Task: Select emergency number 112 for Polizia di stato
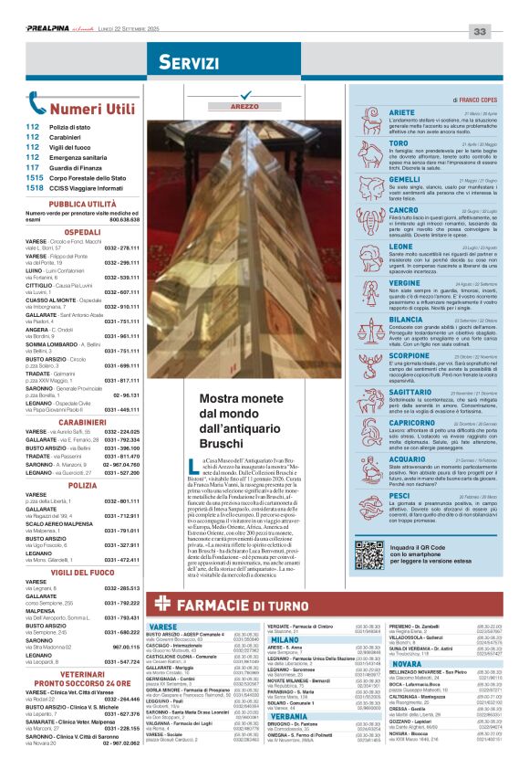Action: click(x=33, y=127)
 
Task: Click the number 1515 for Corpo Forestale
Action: click(x=35, y=178)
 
